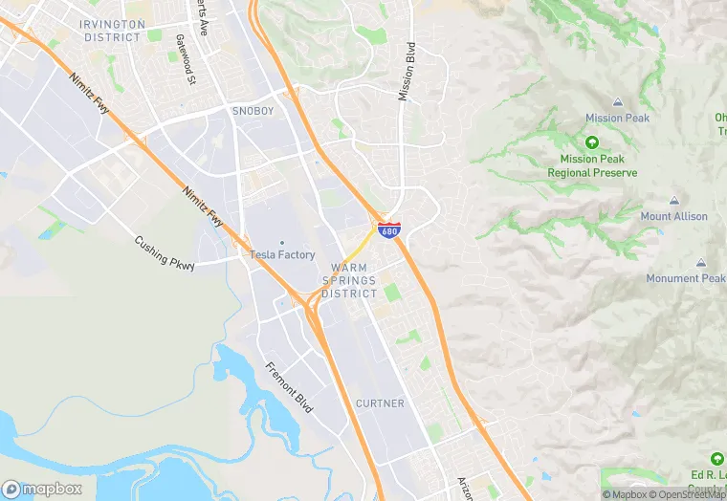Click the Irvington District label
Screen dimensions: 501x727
point(113,31)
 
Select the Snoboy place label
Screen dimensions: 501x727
point(253,111)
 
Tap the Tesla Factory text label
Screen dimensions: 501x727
point(282,254)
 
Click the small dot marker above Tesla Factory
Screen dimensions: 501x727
point(282,242)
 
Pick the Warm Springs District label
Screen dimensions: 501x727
point(349,280)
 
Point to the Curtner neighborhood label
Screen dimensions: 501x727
point(380,403)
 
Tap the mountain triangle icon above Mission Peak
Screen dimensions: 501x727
point(617,102)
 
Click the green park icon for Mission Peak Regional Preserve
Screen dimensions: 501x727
point(591,142)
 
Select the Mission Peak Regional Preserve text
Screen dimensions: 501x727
point(592,166)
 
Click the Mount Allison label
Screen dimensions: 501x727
point(674,217)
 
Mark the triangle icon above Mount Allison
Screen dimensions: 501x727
point(674,201)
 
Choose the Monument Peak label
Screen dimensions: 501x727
point(686,278)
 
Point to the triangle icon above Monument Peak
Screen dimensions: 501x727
point(701,263)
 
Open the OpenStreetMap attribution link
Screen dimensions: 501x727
point(689,494)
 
